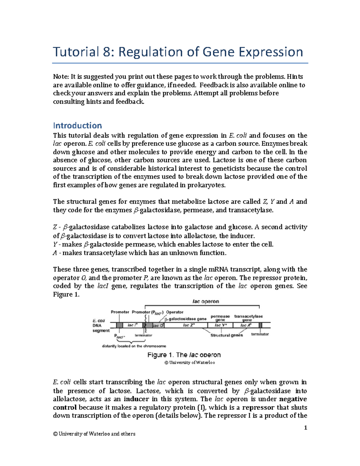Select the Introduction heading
coord(77,125)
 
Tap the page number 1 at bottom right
coord(305,428)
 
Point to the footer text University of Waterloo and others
coord(94,434)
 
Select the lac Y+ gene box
coord(221,325)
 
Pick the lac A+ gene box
coord(246,325)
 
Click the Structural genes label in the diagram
coord(226,335)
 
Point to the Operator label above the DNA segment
coord(175,312)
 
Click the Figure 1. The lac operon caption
coord(184,355)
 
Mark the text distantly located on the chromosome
coord(134,346)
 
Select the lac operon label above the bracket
coord(205,302)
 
